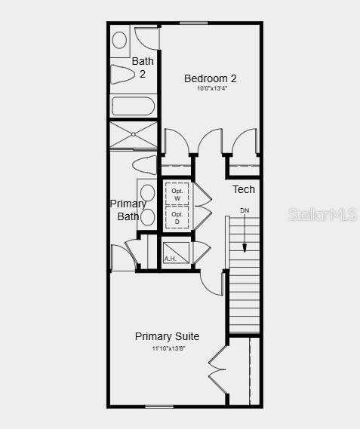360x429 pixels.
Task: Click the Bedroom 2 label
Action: tap(211, 78)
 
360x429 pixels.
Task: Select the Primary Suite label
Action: tap(167, 336)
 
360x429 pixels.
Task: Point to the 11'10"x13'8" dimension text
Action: tap(168, 348)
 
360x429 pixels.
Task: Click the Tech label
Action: tap(243, 189)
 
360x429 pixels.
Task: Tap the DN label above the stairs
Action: tap(245, 210)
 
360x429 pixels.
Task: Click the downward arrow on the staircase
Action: tap(245, 237)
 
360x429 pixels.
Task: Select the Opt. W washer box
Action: tap(177, 194)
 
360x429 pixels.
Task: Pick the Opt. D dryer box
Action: tap(177, 218)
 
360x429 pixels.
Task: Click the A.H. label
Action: tap(171, 259)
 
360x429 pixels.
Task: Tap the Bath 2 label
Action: tap(143, 67)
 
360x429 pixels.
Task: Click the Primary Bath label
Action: tap(128, 210)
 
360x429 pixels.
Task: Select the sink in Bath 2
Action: tap(120, 40)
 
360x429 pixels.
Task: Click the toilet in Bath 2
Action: tap(122, 75)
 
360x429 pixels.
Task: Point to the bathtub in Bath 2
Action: tap(134, 106)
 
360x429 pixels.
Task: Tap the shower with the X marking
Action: tap(134, 136)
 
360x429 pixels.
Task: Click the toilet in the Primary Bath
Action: tap(143, 164)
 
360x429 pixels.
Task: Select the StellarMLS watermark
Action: tap(322, 215)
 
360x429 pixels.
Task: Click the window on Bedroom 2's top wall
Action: tap(194, 23)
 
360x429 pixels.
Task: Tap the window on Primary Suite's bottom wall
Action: tap(158, 407)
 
